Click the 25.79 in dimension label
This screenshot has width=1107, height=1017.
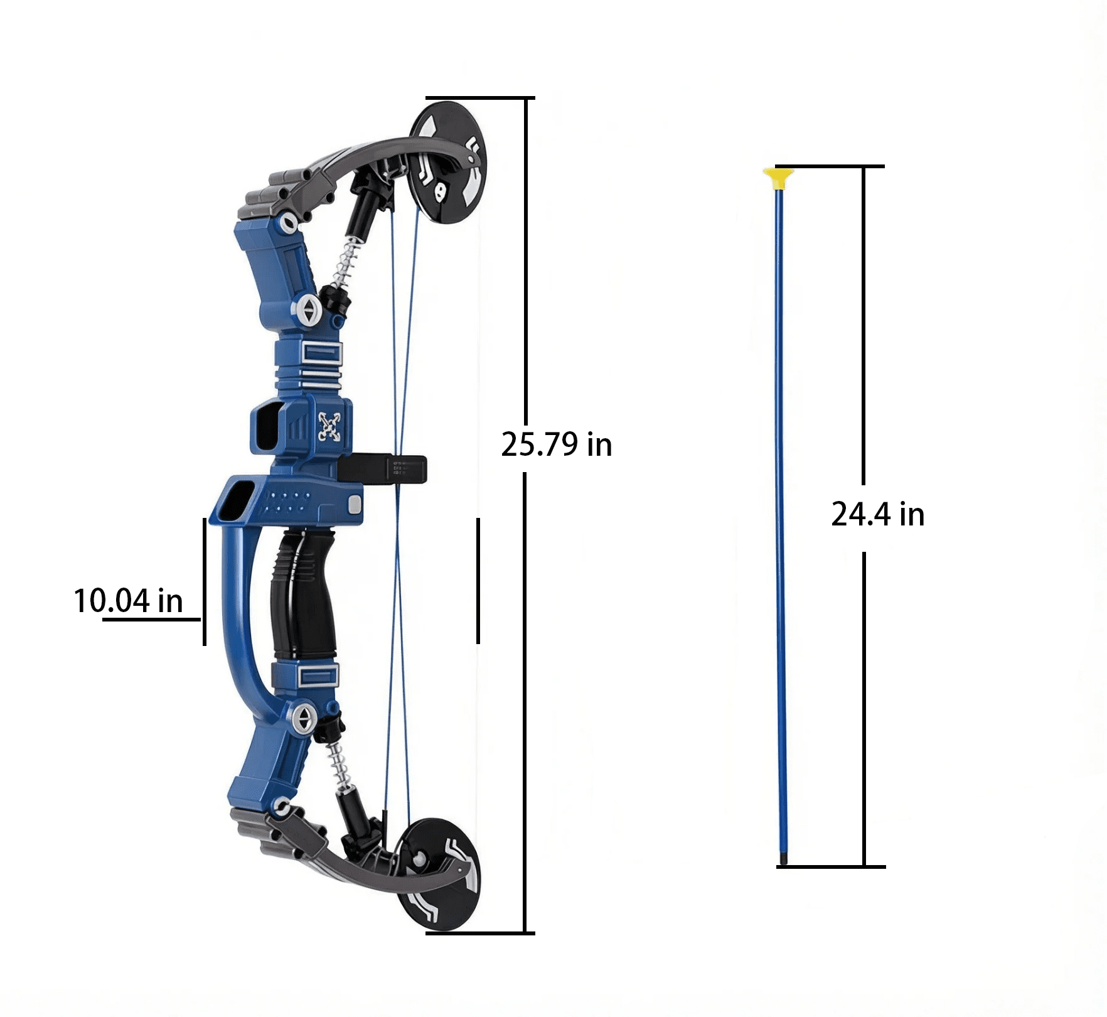click(556, 444)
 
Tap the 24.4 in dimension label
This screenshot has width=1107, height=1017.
click(878, 514)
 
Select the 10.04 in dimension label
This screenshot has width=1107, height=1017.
click(128, 601)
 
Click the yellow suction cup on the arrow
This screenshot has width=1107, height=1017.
click(779, 178)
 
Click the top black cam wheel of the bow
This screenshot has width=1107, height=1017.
click(448, 163)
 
